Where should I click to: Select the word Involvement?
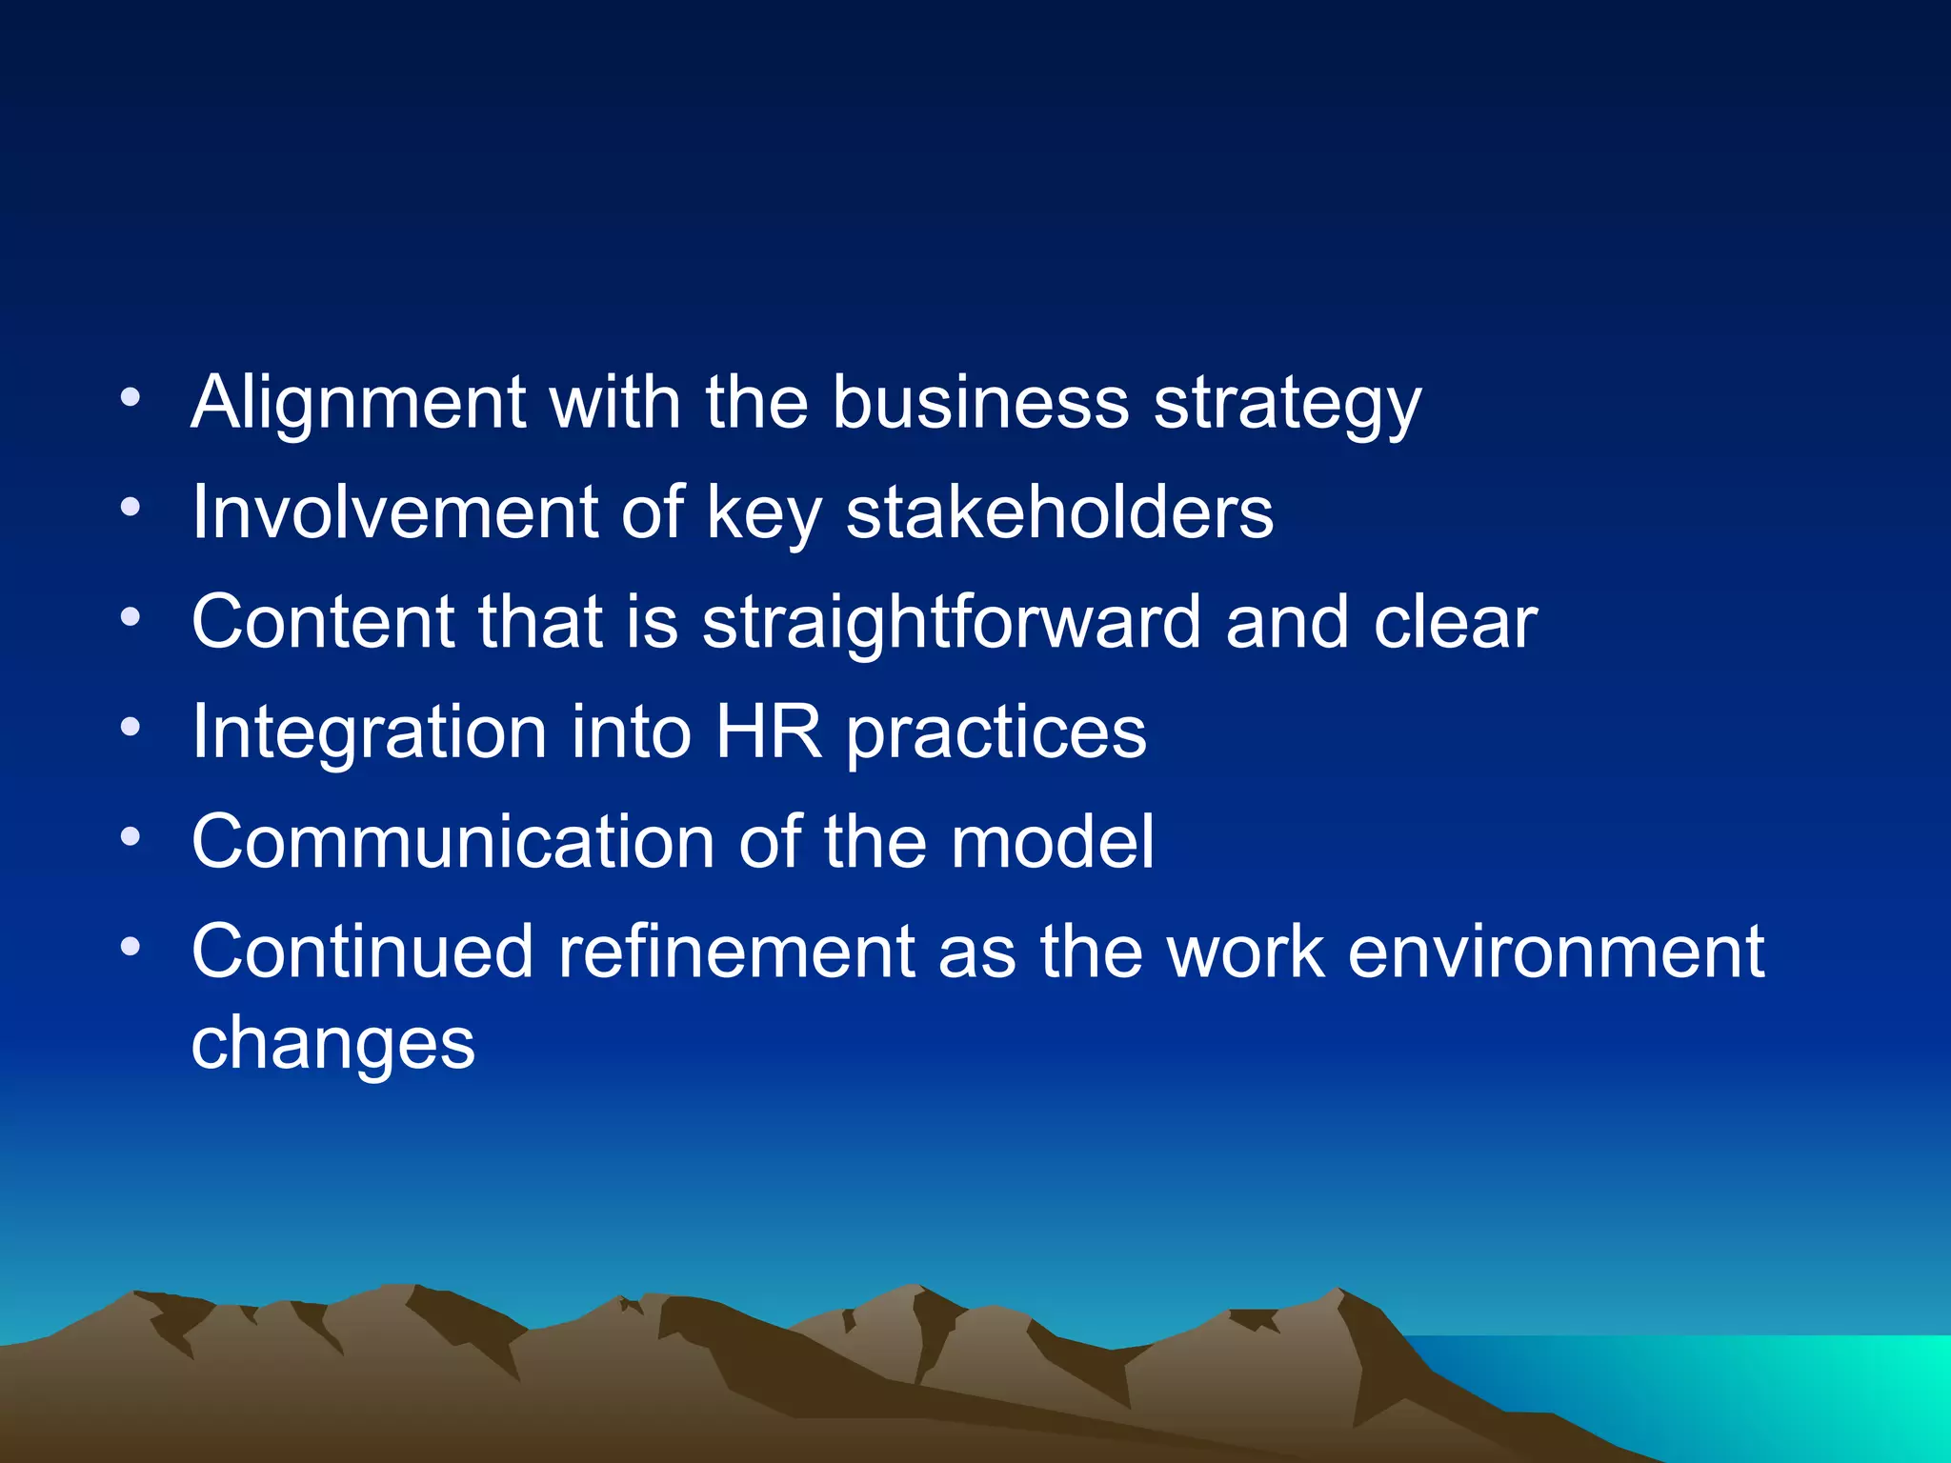[394, 512]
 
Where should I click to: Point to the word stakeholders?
[1059, 512]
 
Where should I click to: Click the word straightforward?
[951, 623]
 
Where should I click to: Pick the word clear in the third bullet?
[1456, 623]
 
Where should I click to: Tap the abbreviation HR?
[768, 731]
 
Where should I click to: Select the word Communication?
[453, 842]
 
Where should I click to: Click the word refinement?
[735, 952]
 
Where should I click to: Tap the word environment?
[1557, 952]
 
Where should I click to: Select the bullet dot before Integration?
[131, 728]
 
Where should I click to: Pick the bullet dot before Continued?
[131, 947]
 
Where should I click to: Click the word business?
[980, 403]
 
